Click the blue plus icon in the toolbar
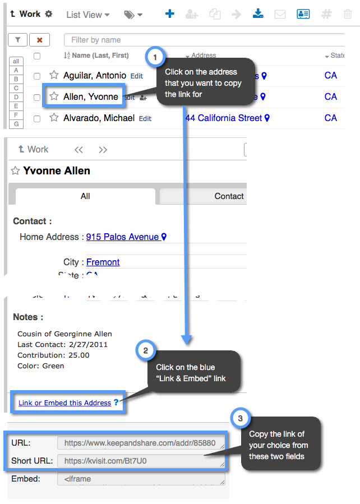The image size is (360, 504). click(x=170, y=14)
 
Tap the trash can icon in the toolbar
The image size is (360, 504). click(x=348, y=14)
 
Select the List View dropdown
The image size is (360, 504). click(x=87, y=15)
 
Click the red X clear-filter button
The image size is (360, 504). click(x=39, y=40)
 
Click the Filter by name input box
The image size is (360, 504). click(x=202, y=40)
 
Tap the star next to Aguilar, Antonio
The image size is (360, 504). click(x=54, y=75)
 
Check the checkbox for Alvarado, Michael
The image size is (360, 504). click(x=37, y=118)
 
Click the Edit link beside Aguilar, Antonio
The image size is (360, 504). click(x=137, y=76)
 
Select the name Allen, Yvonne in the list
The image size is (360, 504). click(x=91, y=96)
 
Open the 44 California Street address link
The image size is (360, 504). click(x=223, y=118)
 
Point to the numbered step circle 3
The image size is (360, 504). click(x=240, y=419)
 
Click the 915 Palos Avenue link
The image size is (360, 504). click(x=122, y=237)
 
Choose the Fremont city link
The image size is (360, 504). click(x=103, y=262)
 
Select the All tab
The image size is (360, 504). click(x=85, y=196)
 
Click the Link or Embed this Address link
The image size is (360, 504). click(x=64, y=403)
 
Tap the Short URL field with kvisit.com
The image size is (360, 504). click(x=141, y=461)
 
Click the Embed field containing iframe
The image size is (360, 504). click(x=141, y=479)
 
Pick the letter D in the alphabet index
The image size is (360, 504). click(x=16, y=97)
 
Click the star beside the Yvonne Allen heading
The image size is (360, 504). click(x=16, y=170)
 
